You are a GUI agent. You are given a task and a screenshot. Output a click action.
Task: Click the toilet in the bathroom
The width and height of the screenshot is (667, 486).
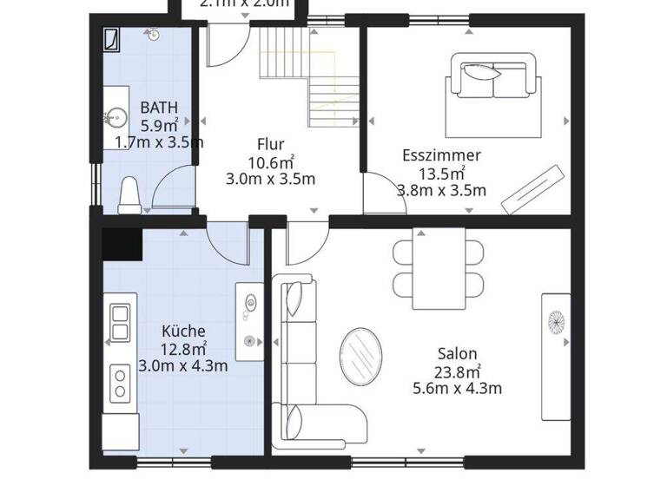[129, 195]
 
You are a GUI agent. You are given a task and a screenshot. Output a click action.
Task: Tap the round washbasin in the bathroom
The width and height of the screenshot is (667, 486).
[116, 116]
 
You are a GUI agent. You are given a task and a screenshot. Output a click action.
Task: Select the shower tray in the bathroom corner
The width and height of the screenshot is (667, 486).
[112, 38]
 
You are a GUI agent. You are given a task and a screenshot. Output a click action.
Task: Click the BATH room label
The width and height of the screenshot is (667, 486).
[159, 108]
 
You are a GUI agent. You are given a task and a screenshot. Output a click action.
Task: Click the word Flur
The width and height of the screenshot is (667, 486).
[270, 144]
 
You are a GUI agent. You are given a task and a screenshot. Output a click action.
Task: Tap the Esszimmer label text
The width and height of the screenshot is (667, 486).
[441, 155]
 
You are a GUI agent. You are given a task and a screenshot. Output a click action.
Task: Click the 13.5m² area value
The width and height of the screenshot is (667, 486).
[441, 173]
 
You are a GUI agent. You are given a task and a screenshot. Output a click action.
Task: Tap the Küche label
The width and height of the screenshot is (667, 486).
[183, 331]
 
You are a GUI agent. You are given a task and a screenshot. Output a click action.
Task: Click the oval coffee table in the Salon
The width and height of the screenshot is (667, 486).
[361, 356]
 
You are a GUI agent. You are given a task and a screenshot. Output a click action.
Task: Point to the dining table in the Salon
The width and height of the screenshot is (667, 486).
[439, 264]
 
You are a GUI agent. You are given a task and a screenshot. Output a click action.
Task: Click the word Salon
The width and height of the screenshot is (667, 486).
[457, 353]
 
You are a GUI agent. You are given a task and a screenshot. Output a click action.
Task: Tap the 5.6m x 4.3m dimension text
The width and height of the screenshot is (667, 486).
[457, 388]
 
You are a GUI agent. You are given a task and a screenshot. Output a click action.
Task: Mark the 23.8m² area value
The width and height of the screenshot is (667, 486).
[457, 371]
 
